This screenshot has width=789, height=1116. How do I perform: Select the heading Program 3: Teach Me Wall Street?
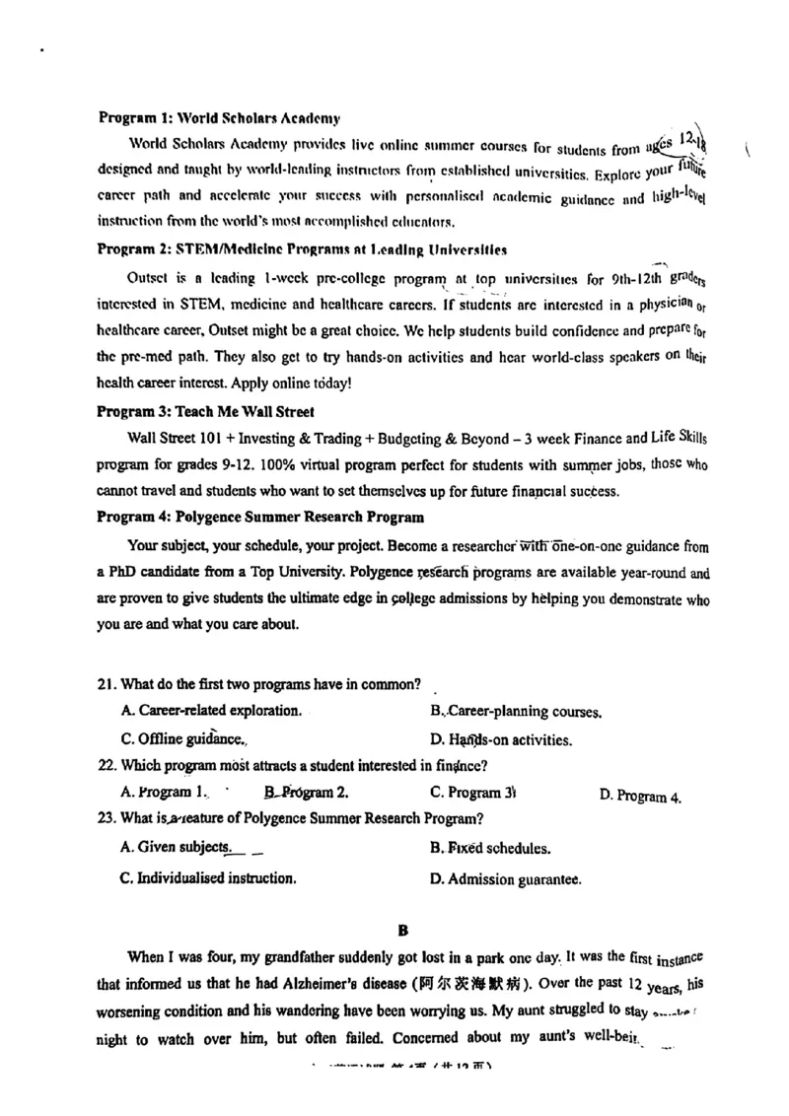coord(205,411)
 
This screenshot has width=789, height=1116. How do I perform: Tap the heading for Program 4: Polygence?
coord(260,517)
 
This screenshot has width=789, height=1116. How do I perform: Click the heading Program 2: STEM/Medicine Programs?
coord(303,248)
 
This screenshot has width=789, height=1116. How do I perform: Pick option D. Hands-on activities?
coord(500,739)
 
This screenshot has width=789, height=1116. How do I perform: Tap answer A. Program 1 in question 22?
coord(164,792)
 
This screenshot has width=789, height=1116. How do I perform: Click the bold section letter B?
coord(401,929)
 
